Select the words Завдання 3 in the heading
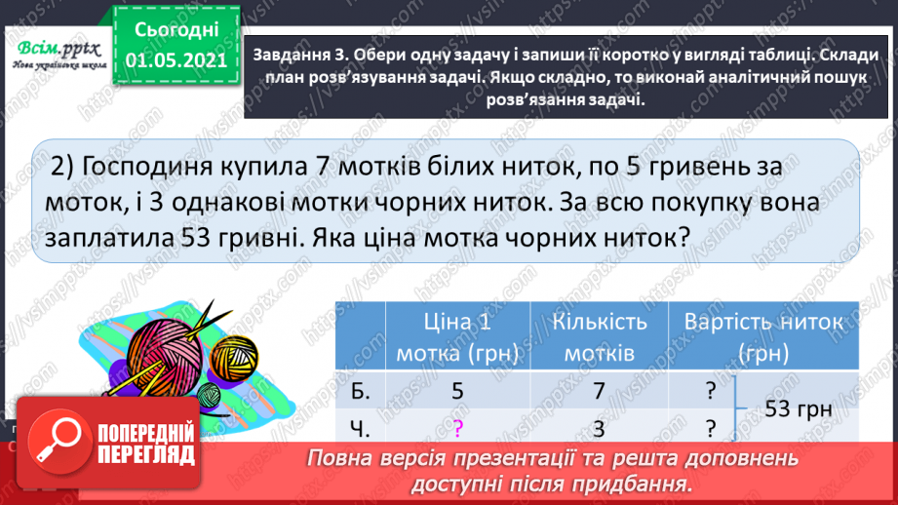pos(297,55)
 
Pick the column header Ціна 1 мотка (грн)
pos(456,335)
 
